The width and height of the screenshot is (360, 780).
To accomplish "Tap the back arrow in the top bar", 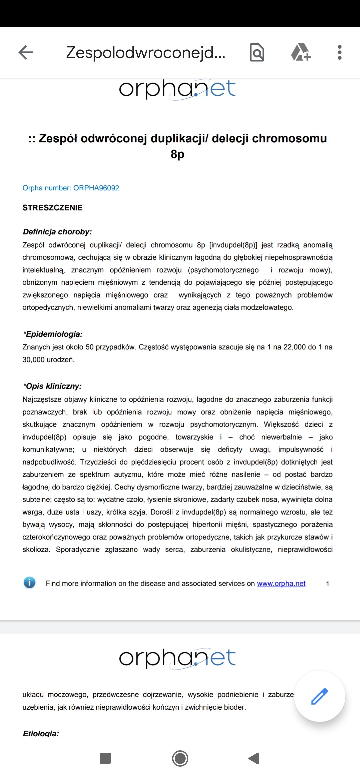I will click(x=26, y=52).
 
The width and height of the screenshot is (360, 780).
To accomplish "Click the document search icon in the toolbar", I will click(x=257, y=52).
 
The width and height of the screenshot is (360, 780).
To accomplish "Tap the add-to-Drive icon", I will click(x=301, y=52).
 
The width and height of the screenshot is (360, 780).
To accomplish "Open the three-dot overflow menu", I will click(x=340, y=52).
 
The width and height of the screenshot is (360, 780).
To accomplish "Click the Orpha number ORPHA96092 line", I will click(x=71, y=188).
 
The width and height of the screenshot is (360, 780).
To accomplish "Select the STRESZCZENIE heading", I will click(x=52, y=208).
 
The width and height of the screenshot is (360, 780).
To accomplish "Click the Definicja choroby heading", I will click(x=57, y=232).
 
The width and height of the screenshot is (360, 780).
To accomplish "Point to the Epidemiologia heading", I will click(x=53, y=334).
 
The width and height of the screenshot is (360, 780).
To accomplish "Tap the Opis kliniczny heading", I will click(x=52, y=386).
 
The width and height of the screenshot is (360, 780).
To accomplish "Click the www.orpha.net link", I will click(x=281, y=583).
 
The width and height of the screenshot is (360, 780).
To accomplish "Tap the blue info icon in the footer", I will click(x=30, y=583).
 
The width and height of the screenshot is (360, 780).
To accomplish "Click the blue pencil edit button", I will click(x=320, y=696).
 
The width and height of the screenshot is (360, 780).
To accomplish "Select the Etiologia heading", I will click(x=41, y=733).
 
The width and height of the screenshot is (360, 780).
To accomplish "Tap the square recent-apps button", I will click(x=105, y=758).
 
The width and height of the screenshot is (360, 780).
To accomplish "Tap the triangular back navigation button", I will click(x=254, y=758).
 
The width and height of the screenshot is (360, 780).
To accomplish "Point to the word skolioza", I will click(x=36, y=549).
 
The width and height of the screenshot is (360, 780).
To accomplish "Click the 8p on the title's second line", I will click(x=177, y=154).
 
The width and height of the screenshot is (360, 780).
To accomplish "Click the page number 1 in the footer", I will click(x=328, y=584).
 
